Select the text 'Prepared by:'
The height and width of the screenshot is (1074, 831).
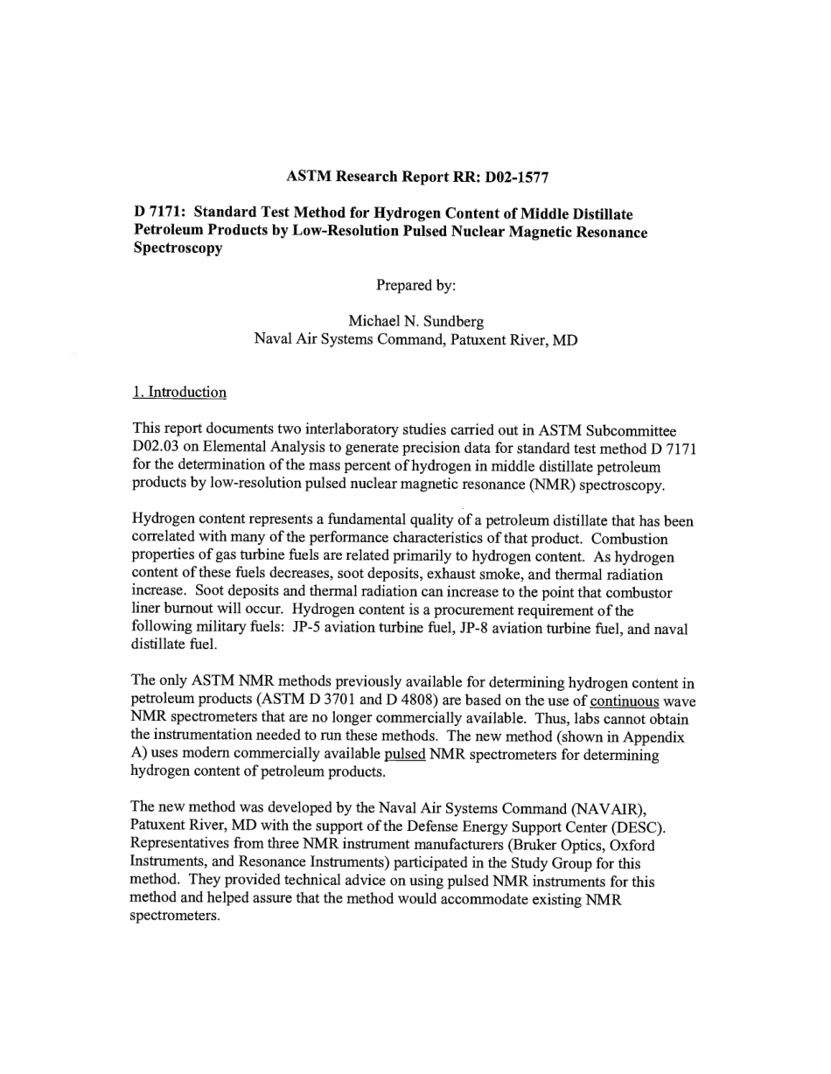pyautogui.click(x=415, y=284)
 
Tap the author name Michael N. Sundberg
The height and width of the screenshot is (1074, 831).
pyautogui.click(x=415, y=321)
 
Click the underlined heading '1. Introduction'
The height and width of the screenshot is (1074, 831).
pyautogui.click(x=179, y=392)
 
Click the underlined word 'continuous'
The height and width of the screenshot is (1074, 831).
pyautogui.click(x=625, y=701)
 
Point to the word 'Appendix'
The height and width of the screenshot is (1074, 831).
pyautogui.click(x=653, y=736)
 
